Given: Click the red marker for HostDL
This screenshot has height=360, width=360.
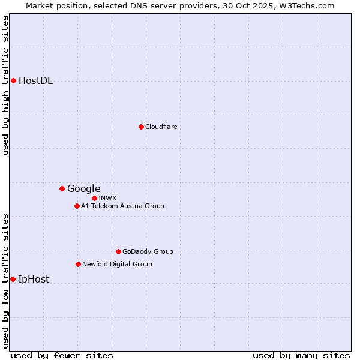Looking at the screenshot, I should [x=13, y=80].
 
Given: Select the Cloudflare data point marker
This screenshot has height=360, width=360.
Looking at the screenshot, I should [x=141, y=127].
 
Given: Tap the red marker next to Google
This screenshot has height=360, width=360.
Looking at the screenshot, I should [x=62, y=188].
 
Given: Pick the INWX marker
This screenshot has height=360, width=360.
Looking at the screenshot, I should [x=94, y=198].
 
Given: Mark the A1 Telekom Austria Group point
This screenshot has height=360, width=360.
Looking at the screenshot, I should [x=77, y=206].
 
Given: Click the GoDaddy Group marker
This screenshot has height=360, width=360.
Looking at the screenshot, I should [x=118, y=251].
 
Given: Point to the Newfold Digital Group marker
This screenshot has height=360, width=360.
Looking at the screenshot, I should [x=78, y=264].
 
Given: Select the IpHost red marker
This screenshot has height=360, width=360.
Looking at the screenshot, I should [x=13, y=279].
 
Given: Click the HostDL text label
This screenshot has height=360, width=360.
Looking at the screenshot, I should [x=35, y=81].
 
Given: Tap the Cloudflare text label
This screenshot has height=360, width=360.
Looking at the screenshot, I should [x=161, y=127].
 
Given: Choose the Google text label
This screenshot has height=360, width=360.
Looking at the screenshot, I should [x=83, y=189].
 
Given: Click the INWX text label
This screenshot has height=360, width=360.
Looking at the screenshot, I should [x=107, y=198].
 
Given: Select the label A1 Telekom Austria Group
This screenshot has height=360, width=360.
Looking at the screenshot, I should [x=122, y=206].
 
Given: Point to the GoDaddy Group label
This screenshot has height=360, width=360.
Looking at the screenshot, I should [x=147, y=251].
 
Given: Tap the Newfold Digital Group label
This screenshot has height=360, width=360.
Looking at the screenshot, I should [x=117, y=264].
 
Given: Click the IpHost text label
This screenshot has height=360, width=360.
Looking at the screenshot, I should [x=34, y=279].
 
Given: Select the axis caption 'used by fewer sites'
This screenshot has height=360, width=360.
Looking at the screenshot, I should [x=62, y=355].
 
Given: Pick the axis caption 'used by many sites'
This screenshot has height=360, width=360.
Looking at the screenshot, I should [x=301, y=355].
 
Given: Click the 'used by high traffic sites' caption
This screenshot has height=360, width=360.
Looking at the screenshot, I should [x=5, y=85].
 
